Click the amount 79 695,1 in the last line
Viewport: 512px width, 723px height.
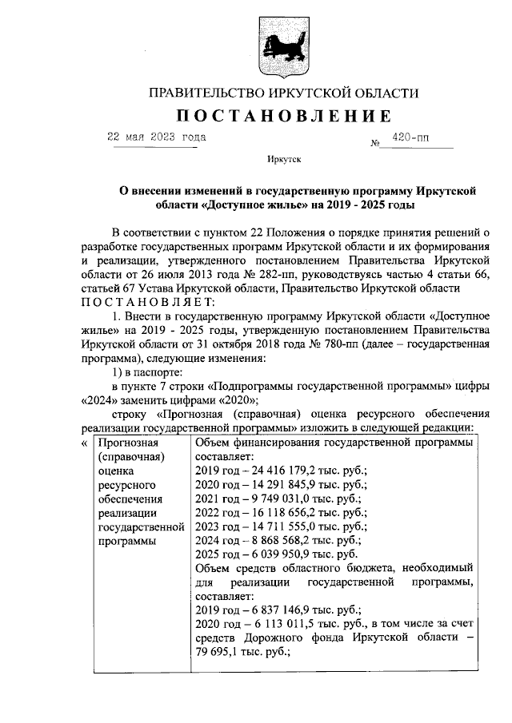pos(217,651)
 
